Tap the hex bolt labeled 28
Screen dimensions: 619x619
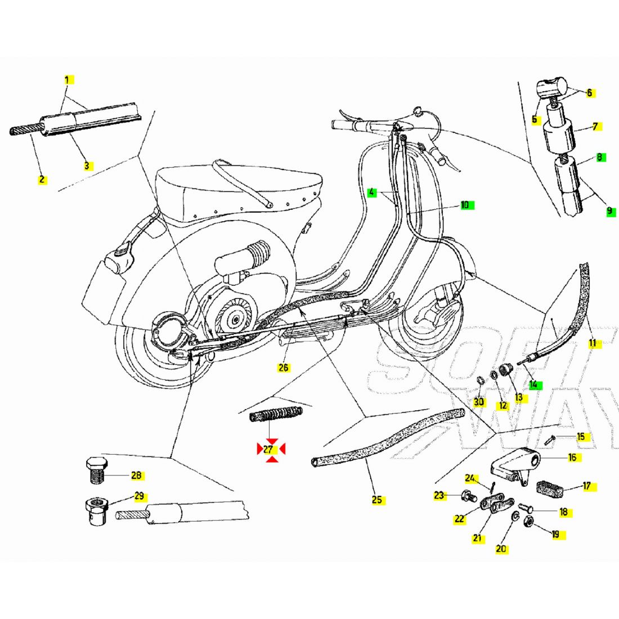pos(97,471)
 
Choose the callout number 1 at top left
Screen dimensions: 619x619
pos(67,80)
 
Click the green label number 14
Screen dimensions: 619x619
pos(533,385)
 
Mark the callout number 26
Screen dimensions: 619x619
pos(284,367)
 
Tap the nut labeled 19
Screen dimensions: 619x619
pos(530,522)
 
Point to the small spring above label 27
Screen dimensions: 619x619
pos(276,418)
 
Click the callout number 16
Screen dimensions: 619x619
pos(572,457)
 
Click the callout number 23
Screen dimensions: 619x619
pos(439,496)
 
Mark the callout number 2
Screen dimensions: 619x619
pos(42,180)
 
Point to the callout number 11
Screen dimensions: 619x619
pos(593,343)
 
